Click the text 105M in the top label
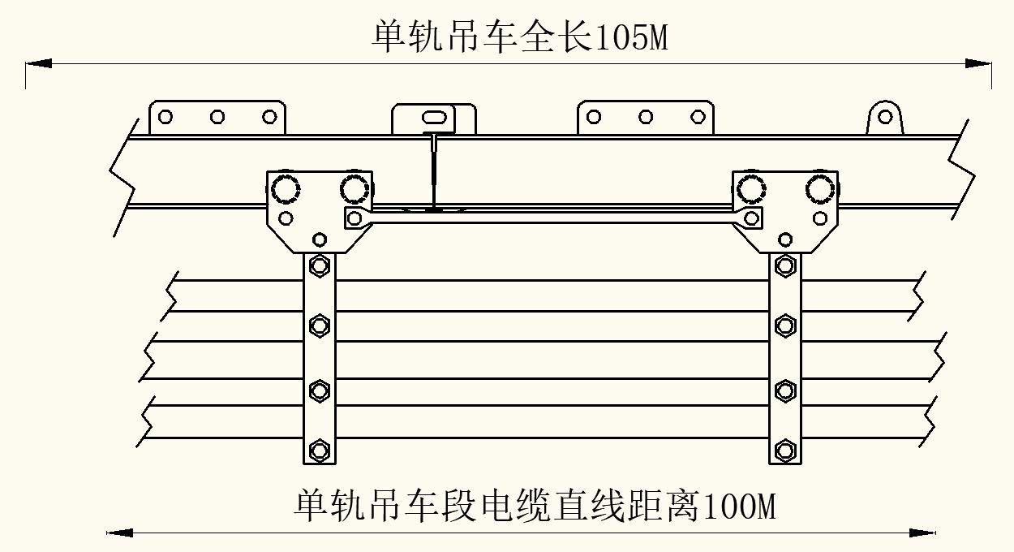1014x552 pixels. [632, 37]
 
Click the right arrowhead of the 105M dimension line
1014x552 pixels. [977, 63]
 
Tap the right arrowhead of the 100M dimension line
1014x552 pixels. [922, 533]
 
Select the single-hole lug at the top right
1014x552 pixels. [886, 117]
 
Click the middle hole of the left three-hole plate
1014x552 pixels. [217, 117]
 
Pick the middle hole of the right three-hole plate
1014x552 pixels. [646, 117]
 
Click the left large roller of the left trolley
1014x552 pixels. [286, 189]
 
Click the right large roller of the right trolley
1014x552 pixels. [820, 189]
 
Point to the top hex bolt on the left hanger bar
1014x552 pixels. [320, 265]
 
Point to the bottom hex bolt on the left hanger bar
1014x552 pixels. [320, 450]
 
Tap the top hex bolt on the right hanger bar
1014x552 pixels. [784, 265]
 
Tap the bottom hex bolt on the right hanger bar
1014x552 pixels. [784, 450]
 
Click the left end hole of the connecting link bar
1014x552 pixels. [354, 217]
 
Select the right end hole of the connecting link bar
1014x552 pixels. [751, 218]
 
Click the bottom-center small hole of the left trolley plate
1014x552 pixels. [320, 239]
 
